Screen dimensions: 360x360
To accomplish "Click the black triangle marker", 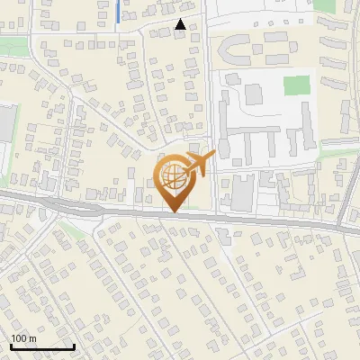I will tap(182, 25).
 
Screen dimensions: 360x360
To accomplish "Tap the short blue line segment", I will tap(120, 12).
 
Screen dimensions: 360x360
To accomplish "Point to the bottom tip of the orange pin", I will tap(173, 211).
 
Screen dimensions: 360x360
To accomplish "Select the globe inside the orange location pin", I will tap(173, 174).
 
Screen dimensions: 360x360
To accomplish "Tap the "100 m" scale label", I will tap(23, 338).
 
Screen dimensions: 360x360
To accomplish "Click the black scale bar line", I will tap(42, 346).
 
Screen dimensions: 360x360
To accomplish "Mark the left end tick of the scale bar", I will tap(11, 345).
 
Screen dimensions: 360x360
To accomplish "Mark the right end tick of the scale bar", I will tap(74, 345).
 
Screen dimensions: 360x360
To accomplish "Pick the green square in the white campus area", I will tap(296, 86).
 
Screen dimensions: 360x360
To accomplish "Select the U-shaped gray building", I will tap(239, 47).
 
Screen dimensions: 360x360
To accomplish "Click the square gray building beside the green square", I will tap(254, 93).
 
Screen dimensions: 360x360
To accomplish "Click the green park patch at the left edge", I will tap(13, 47).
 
